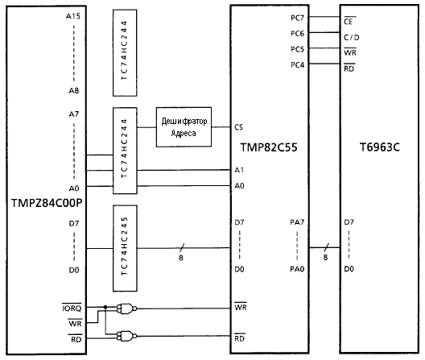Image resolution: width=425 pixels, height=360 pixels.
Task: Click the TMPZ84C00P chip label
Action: pos(47,203)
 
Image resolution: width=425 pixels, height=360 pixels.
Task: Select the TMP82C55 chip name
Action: pos(269,147)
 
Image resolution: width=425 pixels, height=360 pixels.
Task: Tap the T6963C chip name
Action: pos(379,147)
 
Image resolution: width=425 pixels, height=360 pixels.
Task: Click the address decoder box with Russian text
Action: pos(184,127)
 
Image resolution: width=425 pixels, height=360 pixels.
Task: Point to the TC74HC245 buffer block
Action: pos(125,248)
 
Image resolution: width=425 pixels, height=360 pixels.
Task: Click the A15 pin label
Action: pos(73,16)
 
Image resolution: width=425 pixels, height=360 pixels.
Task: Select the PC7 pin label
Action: pos(297,18)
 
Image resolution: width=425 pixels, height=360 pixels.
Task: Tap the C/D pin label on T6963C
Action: pos(351,37)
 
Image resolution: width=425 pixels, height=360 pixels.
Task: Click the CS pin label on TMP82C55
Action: pos(238,127)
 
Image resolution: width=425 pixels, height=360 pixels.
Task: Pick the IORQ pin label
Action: pos(72,308)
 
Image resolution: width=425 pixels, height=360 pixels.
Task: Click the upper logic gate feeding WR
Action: pos(126,308)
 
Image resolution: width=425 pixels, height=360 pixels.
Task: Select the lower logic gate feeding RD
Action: pos(126,336)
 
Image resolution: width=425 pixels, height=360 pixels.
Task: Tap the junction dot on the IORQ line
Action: pos(105,307)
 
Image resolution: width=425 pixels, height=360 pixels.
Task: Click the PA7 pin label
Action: pos(297,222)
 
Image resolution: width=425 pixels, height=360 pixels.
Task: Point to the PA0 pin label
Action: pos(297,269)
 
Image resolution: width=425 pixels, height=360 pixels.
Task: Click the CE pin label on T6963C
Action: pos(349,21)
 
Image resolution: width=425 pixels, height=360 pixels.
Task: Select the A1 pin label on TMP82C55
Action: pos(239,170)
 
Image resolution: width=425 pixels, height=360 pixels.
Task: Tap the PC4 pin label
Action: pos(297,65)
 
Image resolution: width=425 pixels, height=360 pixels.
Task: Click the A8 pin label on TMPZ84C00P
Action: pos(74,91)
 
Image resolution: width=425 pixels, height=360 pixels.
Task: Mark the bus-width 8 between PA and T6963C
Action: pos(325,257)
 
